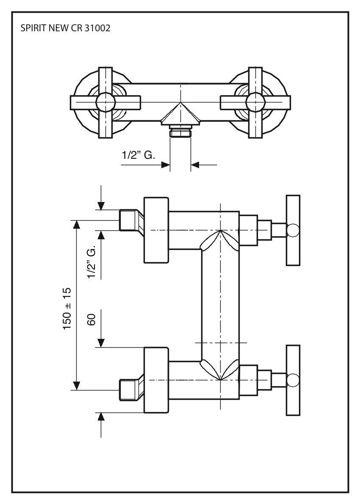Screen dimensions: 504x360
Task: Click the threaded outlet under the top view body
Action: click(x=180, y=132)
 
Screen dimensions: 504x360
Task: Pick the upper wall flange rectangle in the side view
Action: click(x=156, y=230)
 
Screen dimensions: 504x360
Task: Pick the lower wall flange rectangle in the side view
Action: click(x=156, y=380)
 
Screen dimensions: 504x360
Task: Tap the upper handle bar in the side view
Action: click(x=293, y=230)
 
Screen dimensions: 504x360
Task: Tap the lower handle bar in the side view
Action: click(x=293, y=380)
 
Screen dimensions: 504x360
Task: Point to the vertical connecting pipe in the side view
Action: click(x=220, y=305)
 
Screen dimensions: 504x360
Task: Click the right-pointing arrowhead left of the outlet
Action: click(x=166, y=165)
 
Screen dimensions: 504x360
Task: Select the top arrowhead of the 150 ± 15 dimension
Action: click(x=77, y=224)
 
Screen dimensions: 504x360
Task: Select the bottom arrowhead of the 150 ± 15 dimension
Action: click(x=77, y=385)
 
